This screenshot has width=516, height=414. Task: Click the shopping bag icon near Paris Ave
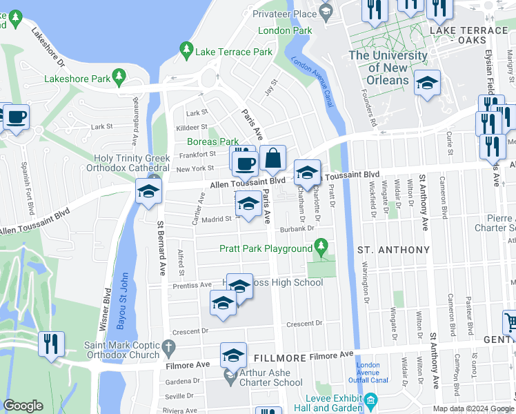[273, 158]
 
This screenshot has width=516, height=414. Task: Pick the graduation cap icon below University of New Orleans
[427, 83]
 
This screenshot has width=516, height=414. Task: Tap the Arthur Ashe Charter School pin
[229, 374]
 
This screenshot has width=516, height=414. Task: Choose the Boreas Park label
[212, 141]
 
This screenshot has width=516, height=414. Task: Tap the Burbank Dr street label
[297, 228]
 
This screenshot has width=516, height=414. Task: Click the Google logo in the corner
[23, 406]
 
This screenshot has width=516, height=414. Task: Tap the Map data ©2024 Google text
[473, 408]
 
